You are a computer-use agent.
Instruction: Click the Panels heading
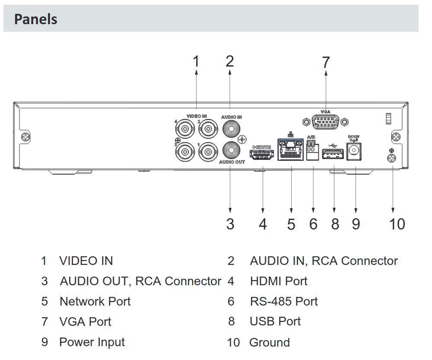(x=36, y=19)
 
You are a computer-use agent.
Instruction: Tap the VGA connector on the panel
(x=325, y=122)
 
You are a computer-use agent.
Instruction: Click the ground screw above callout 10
(x=392, y=157)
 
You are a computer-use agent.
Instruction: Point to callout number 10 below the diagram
(x=397, y=224)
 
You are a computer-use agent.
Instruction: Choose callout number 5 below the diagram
(x=291, y=224)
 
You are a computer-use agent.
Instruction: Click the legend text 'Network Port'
(x=95, y=301)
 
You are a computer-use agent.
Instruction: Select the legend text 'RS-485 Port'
(x=284, y=301)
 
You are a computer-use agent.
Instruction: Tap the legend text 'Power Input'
(x=92, y=342)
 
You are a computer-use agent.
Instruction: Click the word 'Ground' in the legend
(x=270, y=343)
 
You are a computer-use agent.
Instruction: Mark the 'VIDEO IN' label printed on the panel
(x=197, y=116)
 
